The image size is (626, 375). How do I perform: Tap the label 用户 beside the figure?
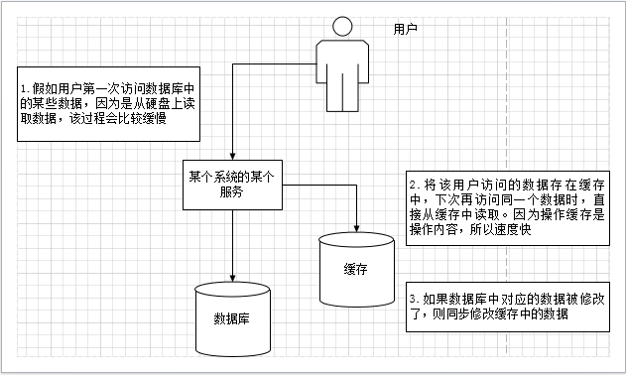coord(405,30)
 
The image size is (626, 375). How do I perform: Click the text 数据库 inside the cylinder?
coord(233,318)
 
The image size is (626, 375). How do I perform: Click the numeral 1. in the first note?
coord(27,86)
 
